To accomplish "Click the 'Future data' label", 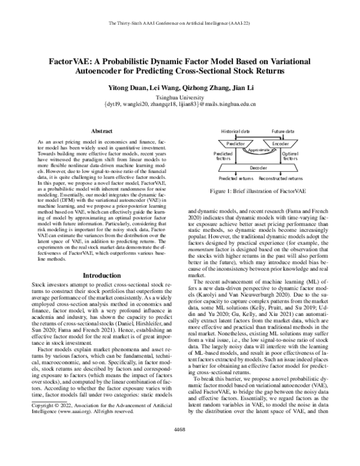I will (x=282, y=130).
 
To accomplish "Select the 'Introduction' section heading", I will (x=101, y=275).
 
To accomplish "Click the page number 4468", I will (x=180, y=446).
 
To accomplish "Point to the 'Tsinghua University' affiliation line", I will (x=180, y=96).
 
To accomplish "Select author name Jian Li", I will (x=243, y=88).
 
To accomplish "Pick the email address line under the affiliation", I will (x=180, y=104).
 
